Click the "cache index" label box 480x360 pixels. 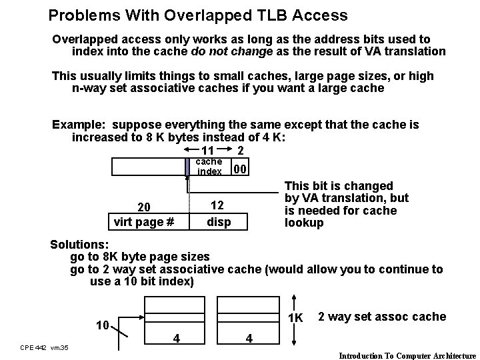(209, 167)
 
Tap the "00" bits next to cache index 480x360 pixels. (240, 169)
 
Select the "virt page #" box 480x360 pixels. (144, 221)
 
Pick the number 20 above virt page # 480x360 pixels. (143, 206)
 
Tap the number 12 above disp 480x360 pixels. (217, 204)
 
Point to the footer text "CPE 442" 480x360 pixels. (33, 347)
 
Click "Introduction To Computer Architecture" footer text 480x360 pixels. (407, 355)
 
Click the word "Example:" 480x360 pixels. (80, 125)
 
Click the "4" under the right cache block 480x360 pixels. (249, 338)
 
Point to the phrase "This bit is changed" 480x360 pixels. (339, 186)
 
